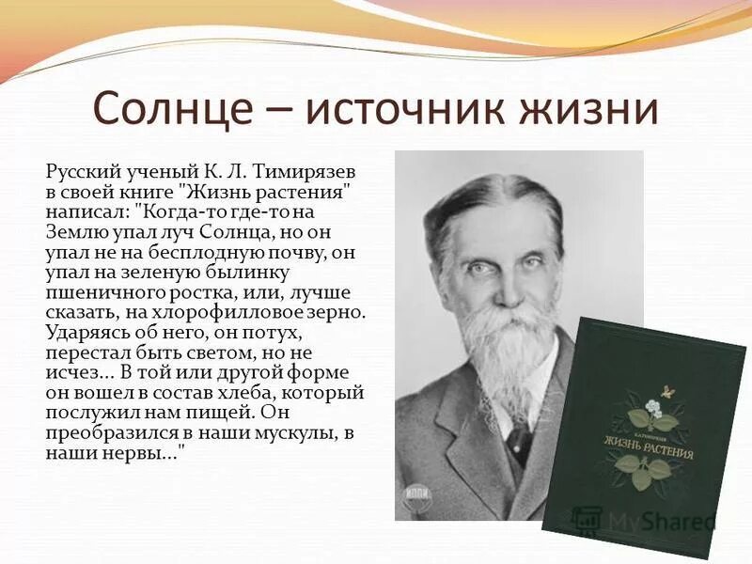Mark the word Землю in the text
pos(76,231)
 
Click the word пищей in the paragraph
pos(219,412)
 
